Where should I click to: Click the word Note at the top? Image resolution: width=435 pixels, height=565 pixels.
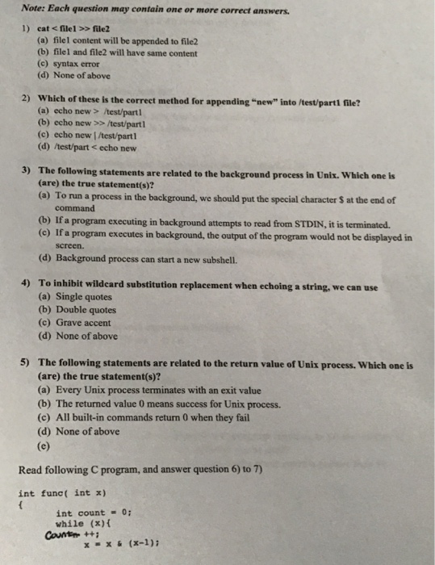(x=34, y=10)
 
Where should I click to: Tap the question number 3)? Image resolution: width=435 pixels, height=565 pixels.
(x=24, y=171)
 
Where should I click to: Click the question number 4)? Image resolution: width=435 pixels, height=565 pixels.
(x=24, y=284)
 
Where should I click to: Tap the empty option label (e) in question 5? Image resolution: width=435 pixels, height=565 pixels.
(x=43, y=443)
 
